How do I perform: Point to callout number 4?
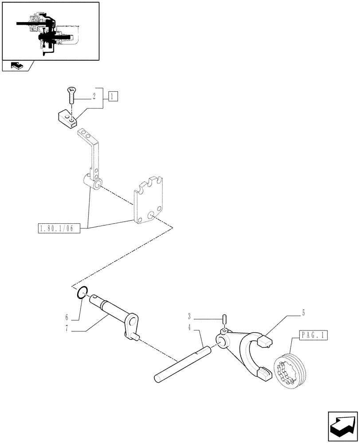click(189, 328)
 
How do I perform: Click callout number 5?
click(303, 313)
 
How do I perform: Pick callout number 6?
click(67, 318)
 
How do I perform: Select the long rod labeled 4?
click(182, 365)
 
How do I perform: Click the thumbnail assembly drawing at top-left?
click(50, 30)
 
